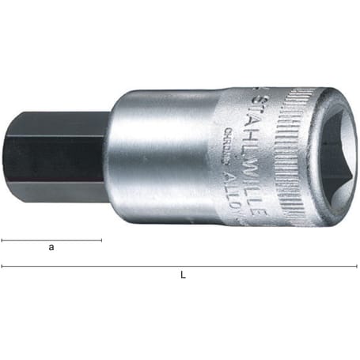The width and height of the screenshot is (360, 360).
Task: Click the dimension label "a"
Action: point(51,248)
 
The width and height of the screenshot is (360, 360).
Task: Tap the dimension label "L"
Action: point(183,275)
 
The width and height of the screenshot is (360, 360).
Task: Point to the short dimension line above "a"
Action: point(51,239)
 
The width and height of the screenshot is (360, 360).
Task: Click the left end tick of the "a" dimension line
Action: point(2,239)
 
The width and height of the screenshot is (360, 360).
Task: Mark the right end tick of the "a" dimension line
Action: point(101,239)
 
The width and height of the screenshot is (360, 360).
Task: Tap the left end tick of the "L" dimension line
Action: point(2,266)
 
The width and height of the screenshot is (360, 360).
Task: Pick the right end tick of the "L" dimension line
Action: point(358,266)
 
